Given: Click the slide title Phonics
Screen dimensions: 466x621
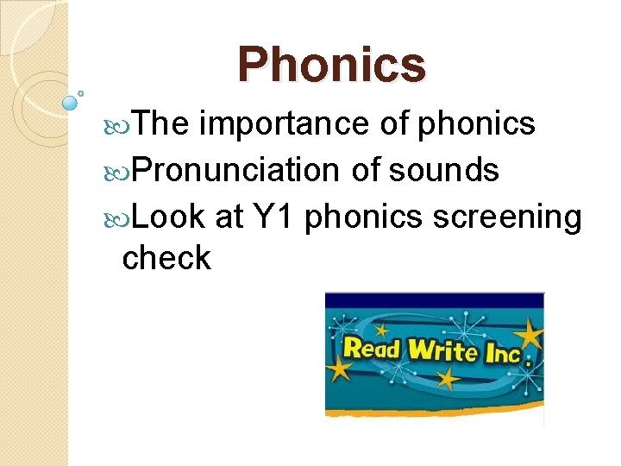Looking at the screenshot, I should (331, 65).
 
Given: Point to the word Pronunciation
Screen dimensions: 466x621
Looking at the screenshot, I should (236, 170).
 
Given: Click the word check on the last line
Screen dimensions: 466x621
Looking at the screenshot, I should (166, 257).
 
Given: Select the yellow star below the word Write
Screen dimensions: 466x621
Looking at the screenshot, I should (447, 379).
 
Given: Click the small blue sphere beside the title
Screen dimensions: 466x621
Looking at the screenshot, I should (71, 102).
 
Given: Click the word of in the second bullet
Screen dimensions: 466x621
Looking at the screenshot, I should (367, 170).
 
